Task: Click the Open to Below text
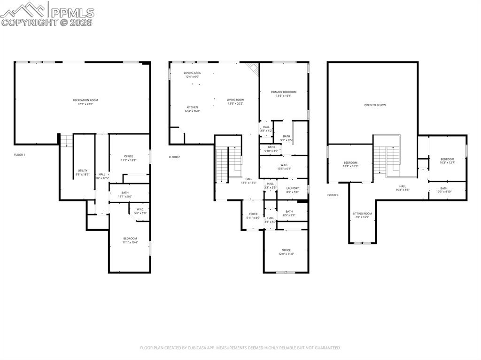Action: tap(375, 105)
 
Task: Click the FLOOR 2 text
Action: tap(174, 157)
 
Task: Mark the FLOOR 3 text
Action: tap(333, 194)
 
